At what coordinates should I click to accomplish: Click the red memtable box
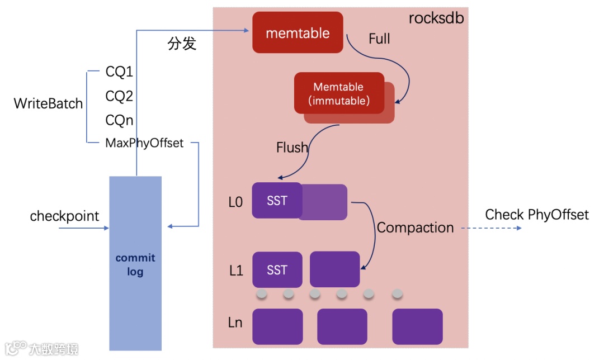[x=298, y=33]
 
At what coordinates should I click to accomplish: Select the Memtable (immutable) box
[x=339, y=93]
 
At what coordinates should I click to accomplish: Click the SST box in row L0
[x=277, y=200]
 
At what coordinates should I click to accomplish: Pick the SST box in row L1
[x=277, y=270]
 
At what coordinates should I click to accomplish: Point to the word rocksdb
[x=436, y=18]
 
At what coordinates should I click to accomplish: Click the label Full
[x=379, y=39]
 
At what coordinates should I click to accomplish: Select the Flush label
[x=292, y=148]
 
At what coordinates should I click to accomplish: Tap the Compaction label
[x=415, y=228]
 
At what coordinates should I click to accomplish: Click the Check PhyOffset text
[x=536, y=215]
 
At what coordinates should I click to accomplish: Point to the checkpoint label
[x=64, y=216]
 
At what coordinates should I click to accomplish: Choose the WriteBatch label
[x=48, y=103]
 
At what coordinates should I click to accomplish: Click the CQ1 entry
[x=119, y=72]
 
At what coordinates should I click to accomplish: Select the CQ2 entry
[x=119, y=96]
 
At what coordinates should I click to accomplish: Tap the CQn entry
[x=119, y=120]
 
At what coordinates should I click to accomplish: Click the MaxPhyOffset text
[x=144, y=143]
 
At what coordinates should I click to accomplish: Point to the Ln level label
[x=235, y=323]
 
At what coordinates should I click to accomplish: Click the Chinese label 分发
[x=182, y=44]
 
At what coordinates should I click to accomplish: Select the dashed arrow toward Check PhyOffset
[x=490, y=228]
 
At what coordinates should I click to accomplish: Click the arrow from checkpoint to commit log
[x=83, y=229]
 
